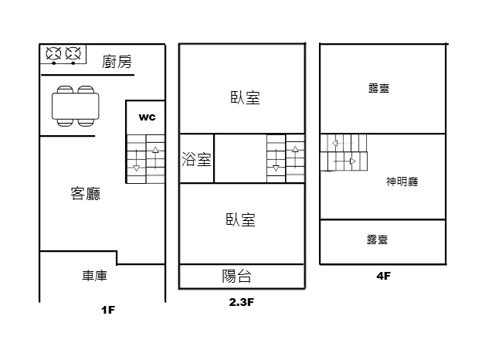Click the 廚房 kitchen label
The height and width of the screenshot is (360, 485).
pos(117,62)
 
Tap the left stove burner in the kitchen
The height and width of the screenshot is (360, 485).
pos(53,53)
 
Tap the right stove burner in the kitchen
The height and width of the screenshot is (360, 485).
pos(73,53)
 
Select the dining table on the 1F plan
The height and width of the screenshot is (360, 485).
pos(76,106)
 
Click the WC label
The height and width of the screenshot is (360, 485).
pos(147,117)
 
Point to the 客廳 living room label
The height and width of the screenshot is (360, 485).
pos(86,194)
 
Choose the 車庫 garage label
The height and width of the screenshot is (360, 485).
pos(94,276)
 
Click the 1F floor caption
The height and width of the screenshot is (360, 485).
pos(108,310)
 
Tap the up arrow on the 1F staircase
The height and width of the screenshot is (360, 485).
pos(155,158)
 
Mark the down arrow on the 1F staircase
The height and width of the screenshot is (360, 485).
pos(137,160)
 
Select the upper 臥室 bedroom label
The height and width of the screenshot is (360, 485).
pos(246,97)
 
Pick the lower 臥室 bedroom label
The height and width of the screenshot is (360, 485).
pos(241,220)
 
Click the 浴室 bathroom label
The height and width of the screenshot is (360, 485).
pos(196,159)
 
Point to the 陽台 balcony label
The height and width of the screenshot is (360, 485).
pos(236,276)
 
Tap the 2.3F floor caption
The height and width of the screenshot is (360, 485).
pos(241,302)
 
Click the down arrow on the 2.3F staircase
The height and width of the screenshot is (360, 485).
pos(276,160)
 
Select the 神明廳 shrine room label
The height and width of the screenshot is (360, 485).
pos(402,182)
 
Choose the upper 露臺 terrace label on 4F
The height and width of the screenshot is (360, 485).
pos(379,88)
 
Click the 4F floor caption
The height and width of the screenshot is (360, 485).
pos(384,276)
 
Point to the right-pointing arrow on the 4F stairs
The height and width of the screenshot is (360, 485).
pos(345,161)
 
